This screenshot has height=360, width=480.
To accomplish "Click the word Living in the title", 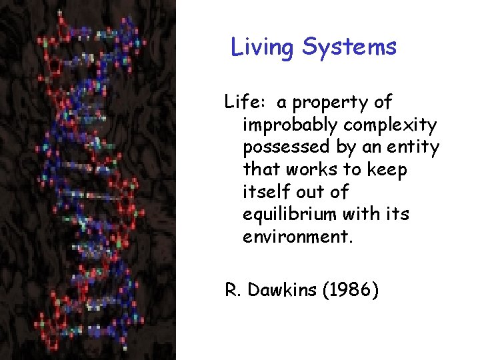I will coord(263,47).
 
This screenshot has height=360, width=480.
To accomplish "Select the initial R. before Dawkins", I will coord(232,291).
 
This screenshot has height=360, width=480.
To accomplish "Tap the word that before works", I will coord(262,170).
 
